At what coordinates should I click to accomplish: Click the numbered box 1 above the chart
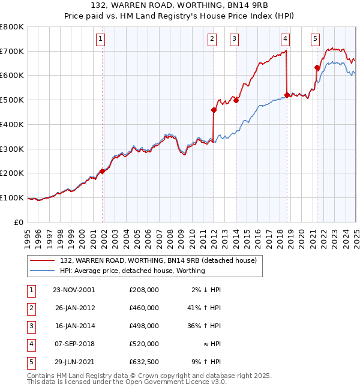pos(100,40)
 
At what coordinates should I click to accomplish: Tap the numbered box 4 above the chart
pos(286,40)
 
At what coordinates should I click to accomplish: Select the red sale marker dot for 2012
pos(214,110)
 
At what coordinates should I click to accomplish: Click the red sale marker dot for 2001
pos(102,171)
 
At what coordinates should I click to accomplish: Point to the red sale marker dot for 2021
pos(317,67)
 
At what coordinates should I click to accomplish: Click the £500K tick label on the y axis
pos(11,100)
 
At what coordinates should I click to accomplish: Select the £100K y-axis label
pos(11,197)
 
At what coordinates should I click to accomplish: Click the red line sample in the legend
pos(42,260)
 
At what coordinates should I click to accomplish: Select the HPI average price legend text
pos(133,271)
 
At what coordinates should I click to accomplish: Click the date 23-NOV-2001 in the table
pos(74,290)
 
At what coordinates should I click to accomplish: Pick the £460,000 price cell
pos(144,308)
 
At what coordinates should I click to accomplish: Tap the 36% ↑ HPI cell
pos(205,326)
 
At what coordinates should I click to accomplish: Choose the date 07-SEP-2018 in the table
pos(74,344)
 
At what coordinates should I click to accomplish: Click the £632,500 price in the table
pos(144,362)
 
